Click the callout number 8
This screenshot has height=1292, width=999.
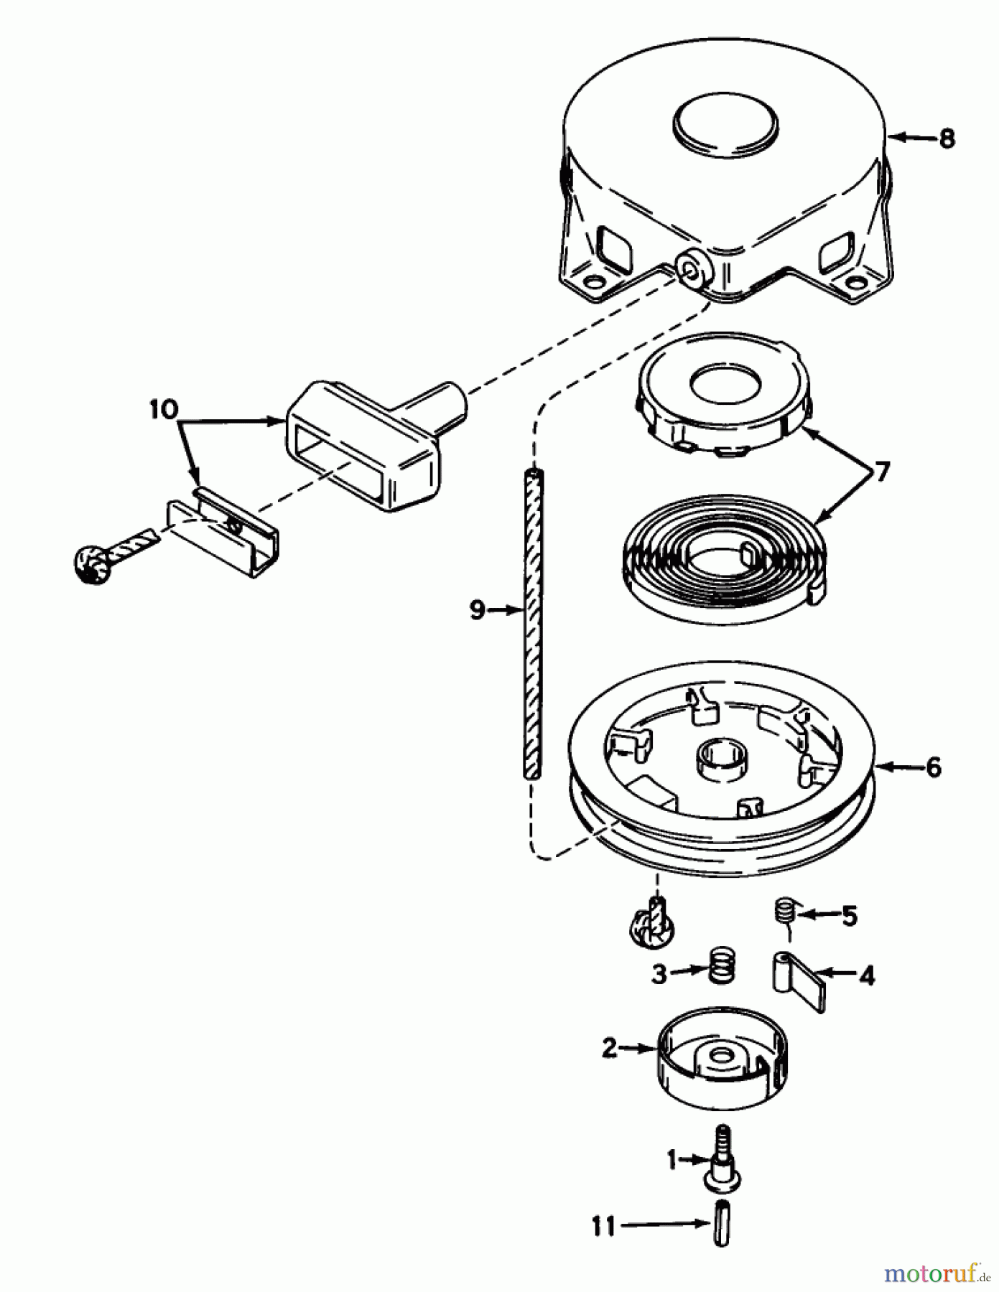tap(947, 139)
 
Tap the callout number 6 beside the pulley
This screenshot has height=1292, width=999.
tap(932, 767)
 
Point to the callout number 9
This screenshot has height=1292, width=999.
tap(477, 611)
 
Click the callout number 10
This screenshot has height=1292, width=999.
tap(164, 409)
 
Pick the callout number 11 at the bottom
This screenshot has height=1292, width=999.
tap(604, 1226)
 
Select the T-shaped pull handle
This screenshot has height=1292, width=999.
tap(366, 446)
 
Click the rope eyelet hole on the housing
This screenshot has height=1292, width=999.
tap(692, 270)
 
